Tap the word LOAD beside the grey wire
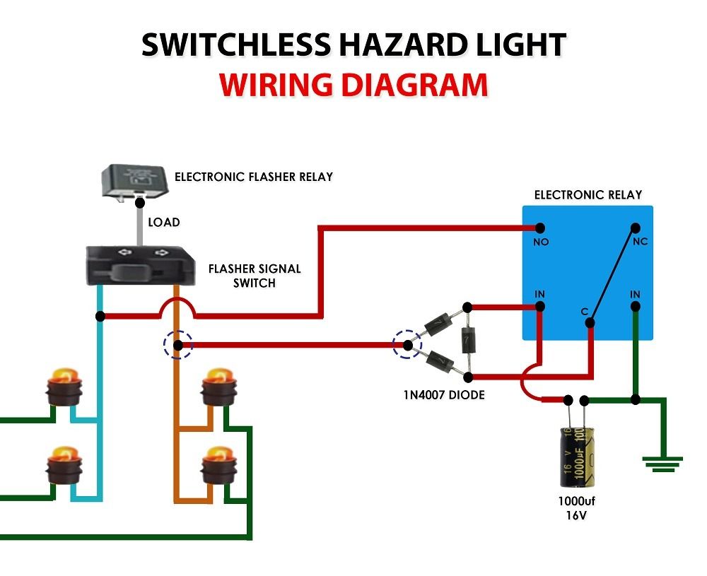[163, 222]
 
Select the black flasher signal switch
[140, 266]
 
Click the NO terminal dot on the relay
[540, 228]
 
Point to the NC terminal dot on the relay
[635, 228]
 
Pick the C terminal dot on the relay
[590, 323]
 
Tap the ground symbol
[662, 462]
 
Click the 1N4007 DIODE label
[443, 394]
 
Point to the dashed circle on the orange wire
[178, 346]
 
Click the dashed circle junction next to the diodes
[408, 346]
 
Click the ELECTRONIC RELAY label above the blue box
[588, 195]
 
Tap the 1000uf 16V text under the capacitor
[578, 508]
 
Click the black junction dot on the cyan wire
[101, 316]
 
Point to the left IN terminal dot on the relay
[540, 306]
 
